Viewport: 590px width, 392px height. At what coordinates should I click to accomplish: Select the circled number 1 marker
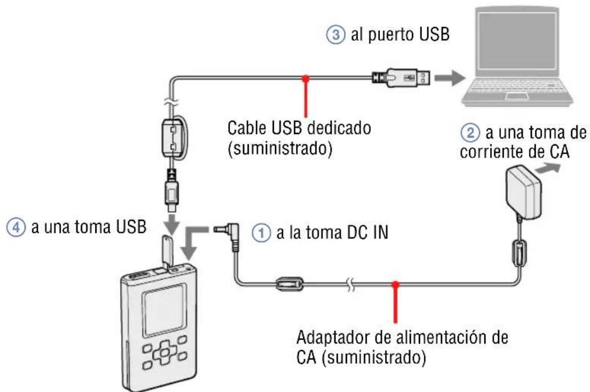pos(259,233)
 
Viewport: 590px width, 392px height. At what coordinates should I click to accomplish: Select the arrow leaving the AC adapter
pos(551,168)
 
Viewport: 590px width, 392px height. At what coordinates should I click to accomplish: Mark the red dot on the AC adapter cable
pos(395,284)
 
